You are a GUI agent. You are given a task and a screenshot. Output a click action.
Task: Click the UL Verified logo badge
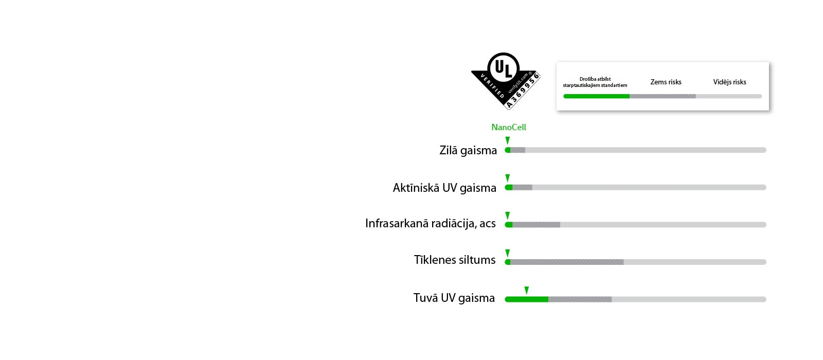point(505,80)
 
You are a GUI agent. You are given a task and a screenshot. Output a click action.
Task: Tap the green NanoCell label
point(508,127)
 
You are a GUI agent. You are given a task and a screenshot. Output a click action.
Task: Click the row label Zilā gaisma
point(468,150)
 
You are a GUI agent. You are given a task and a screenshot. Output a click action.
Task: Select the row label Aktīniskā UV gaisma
point(444,188)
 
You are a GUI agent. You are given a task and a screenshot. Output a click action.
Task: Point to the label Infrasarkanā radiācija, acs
point(431,223)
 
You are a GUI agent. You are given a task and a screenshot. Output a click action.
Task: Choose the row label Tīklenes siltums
point(455,260)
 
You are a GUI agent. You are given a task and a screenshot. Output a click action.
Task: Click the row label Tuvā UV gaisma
point(454,298)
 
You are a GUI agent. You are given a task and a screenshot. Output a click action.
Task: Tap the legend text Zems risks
point(666,82)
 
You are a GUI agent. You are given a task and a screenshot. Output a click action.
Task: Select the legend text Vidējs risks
point(729,82)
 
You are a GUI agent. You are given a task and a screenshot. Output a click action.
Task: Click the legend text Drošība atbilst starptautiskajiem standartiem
point(595,82)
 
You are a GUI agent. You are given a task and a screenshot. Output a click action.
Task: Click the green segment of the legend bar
point(596,96)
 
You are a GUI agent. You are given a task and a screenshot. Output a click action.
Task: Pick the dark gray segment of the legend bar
point(663,96)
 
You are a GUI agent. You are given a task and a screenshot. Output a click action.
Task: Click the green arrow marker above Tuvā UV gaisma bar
point(526,290)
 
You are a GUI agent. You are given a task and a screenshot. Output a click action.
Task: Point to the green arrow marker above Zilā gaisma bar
point(508,140)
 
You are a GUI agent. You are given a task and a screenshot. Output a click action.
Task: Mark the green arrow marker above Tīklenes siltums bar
point(508,253)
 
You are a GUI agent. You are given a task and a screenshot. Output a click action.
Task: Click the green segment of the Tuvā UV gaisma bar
point(527,299)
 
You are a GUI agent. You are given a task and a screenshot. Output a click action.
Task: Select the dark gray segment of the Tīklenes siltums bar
point(567,262)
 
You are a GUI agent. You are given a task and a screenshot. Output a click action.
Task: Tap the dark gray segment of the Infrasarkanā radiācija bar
point(536,225)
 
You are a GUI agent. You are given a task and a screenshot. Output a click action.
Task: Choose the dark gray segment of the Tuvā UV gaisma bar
point(580,299)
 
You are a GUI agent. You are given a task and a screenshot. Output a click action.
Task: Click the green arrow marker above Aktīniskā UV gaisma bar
point(508,178)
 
